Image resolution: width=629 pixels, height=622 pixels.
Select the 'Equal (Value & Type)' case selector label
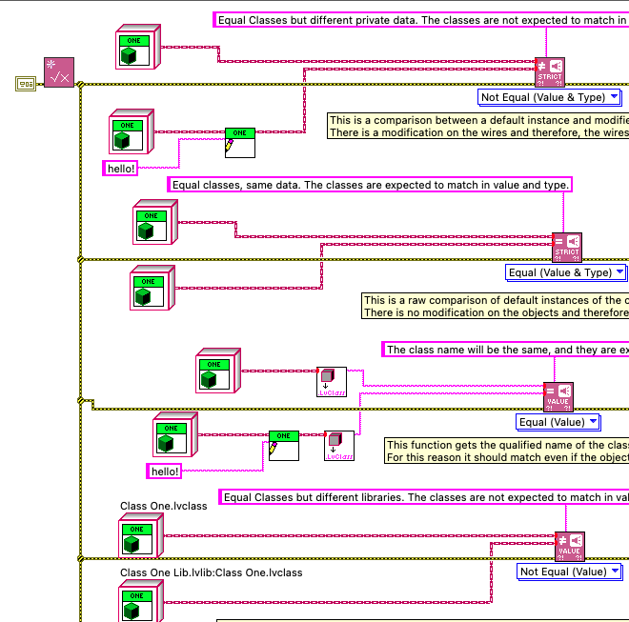click(559, 272)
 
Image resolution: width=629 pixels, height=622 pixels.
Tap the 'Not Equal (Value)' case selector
click(562, 572)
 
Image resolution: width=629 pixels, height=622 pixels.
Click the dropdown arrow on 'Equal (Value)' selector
click(593, 422)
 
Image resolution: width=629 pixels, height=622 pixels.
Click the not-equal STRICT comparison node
click(550, 72)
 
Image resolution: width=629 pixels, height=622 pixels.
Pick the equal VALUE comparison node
click(558, 397)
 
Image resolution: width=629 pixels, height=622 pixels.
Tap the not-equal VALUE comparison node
click(569, 547)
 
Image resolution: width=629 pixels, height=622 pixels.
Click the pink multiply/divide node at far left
click(58, 72)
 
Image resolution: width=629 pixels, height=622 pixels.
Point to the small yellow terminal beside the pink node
click(25, 84)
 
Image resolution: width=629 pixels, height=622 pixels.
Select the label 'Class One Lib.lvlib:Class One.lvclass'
click(211, 572)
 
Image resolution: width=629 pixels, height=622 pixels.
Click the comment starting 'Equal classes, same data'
click(371, 185)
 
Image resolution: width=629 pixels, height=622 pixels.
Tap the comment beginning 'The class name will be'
click(505, 350)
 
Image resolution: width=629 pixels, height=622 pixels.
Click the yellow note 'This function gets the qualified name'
click(506, 451)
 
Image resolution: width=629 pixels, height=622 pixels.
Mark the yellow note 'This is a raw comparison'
click(496, 307)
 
